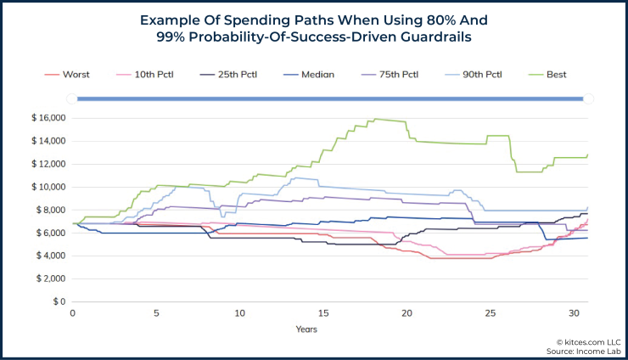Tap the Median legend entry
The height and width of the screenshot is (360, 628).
point(317,74)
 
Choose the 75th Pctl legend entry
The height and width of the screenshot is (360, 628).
point(395,74)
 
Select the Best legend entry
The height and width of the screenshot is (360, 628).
point(556,74)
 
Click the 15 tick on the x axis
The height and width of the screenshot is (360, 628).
point(323,313)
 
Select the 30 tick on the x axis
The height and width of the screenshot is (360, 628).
point(574,313)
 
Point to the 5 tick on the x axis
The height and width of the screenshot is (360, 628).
point(156,313)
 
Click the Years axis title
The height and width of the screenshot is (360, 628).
point(307,328)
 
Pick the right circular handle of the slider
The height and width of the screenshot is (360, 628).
point(587,98)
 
